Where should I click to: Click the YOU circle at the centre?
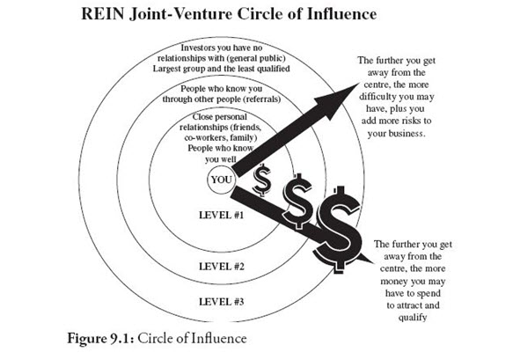(222, 180)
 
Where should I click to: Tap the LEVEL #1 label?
(222, 215)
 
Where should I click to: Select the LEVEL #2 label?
(222, 267)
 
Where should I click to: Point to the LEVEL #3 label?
(222, 301)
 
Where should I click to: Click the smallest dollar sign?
(262, 180)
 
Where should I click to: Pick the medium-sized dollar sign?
(297, 201)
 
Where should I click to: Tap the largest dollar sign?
(338, 229)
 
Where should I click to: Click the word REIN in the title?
(102, 14)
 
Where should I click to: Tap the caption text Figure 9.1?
(101, 338)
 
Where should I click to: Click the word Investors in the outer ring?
(197, 48)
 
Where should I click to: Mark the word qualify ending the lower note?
(412, 318)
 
